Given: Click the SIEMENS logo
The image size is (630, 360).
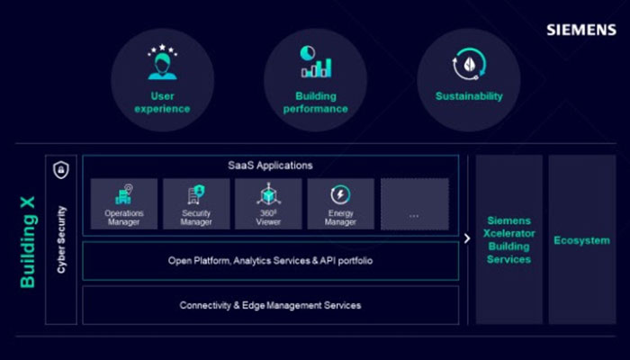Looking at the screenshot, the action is tap(581, 30).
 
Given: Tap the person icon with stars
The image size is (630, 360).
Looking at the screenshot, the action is tap(162, 62).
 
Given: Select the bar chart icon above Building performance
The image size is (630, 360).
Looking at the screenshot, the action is tap(316, 61).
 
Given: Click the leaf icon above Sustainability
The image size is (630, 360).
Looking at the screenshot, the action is tap(469, 64).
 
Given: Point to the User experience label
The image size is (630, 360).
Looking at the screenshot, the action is tap(162, 103).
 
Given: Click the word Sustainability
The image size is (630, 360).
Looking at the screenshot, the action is tap(469, 96).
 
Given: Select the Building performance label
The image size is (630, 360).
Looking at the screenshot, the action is tap(316, 103).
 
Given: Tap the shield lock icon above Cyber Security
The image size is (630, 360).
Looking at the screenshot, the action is tap(61, 169).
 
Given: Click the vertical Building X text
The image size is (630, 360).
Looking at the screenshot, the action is tap(28, 242).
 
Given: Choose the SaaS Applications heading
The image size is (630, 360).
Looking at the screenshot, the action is tap(270, 166).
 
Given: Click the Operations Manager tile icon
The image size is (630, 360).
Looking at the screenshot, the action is tap(124, 194).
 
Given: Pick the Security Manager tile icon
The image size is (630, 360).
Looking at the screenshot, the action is tap(196, 194).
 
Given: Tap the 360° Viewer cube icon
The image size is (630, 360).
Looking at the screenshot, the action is tap(268, 194).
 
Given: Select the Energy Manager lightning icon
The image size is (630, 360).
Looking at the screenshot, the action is tap(341, 194).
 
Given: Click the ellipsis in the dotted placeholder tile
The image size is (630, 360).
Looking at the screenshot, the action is tap(414, 216).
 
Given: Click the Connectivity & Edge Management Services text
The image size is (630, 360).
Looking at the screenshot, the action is tap(270, 306).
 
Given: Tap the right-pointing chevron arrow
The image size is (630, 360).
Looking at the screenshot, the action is tap(467, 238).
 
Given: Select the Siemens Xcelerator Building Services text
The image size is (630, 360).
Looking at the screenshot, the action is tap(509, 240).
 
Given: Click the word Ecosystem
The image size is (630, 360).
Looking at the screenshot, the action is tap(581, 240).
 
